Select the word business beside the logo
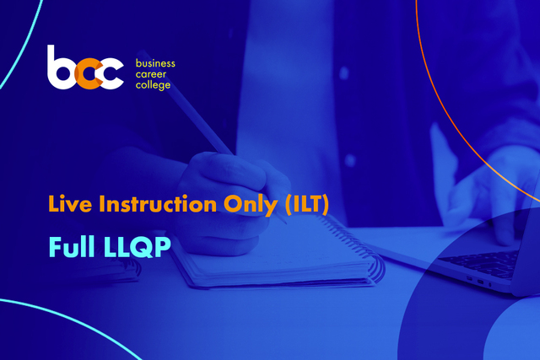pyautogui.click(x=155, y=63)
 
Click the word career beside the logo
pyautogui.click(x=151, y=74)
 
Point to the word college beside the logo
pyautogui.click(x=153, y=85)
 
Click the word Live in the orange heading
pyautogui.click(x=70, y=203)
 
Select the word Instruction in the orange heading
pyautogui.click(x=158, y=203)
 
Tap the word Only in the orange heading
pyautogui.click(x=251, y=205)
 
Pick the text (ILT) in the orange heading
pyautogui.click(x=307, y=204)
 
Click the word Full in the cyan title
pyautogui.click(x=72, y=246)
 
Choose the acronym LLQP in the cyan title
pyautogui.click(x=137, y=247)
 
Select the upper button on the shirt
pyautogui.click(x=344, y=73)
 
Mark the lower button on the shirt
pyautogui.click(x=350, y=160)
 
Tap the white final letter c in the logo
pyautogui.click(x=111, y=73)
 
